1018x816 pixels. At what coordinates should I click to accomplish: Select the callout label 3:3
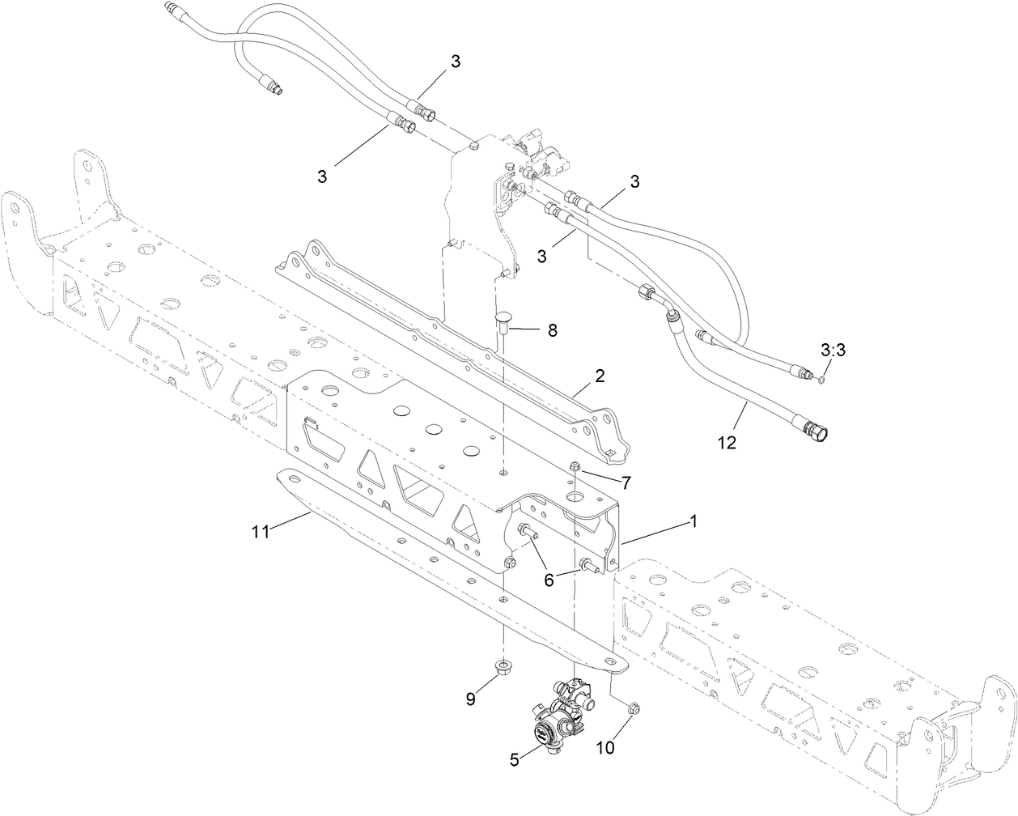click(x=833, y=351)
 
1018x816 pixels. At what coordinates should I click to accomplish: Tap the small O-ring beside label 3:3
click(x=821, y=377)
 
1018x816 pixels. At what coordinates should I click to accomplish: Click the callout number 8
click(x=553, y=330)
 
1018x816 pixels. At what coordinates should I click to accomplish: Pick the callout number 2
click(x=600, y=376)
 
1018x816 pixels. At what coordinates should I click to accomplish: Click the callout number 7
click(x=626, y=482)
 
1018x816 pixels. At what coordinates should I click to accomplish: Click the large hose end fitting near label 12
click(x=817, y=431)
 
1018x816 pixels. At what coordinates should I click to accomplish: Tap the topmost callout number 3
click(x=456, y=62)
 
